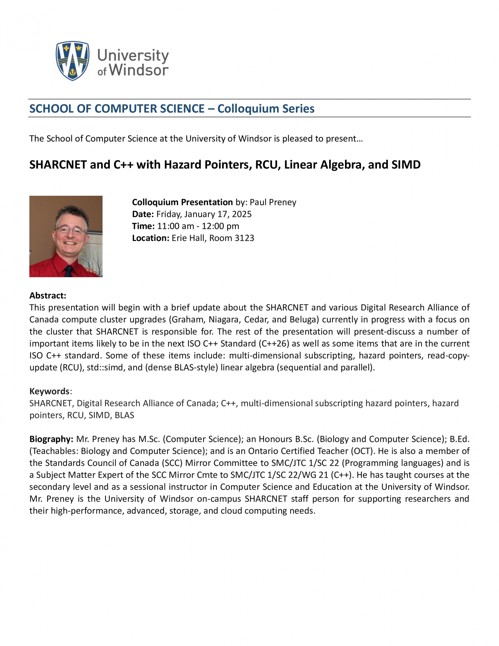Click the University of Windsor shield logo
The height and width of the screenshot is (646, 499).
point(72,60)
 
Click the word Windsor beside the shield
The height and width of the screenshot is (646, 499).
point(139,70)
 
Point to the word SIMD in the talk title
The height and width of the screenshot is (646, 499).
point(406,165)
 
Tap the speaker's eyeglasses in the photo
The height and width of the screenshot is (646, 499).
point(71,230)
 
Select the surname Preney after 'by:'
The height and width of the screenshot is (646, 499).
point(282,202)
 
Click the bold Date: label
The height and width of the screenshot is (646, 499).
point(143,214)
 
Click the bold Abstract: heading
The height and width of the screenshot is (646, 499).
point(48,296)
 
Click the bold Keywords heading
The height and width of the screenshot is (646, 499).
point(49,391)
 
